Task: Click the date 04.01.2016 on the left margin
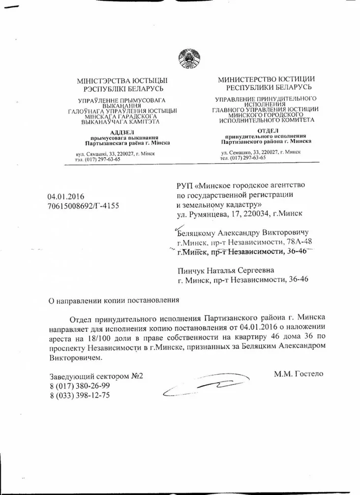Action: [65, 197]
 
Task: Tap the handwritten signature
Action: [207, 385]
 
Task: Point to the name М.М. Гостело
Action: [298, 374]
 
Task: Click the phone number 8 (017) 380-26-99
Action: [77, 386]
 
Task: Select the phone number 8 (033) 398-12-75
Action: [77, 396]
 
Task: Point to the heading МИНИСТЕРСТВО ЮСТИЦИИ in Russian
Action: [267, 79]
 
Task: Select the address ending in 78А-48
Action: [244, 242]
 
